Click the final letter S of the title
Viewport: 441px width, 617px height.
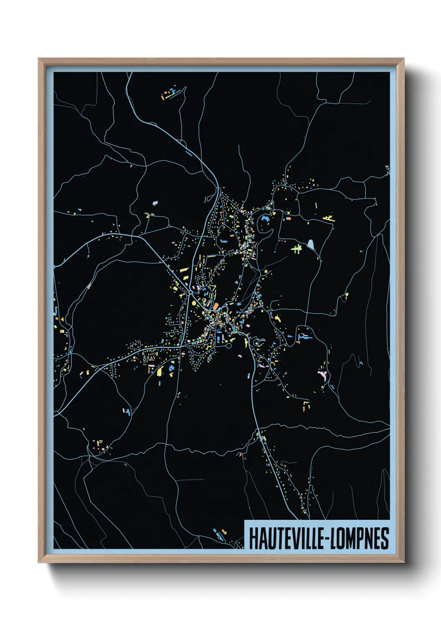(385, 538)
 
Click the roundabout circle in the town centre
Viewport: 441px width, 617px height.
(190, 293)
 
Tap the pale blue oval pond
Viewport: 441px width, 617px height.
(311, 243)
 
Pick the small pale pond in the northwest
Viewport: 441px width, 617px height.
(155, 203)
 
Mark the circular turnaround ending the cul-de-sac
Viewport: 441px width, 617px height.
(228, 346)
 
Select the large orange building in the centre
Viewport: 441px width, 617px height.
(216, 307)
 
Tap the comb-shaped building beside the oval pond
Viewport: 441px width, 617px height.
(297, 249)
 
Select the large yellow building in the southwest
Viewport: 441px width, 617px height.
(160, 371)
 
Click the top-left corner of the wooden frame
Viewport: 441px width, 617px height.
(39, 59)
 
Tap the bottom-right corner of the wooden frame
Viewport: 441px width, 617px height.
(403, 562)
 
